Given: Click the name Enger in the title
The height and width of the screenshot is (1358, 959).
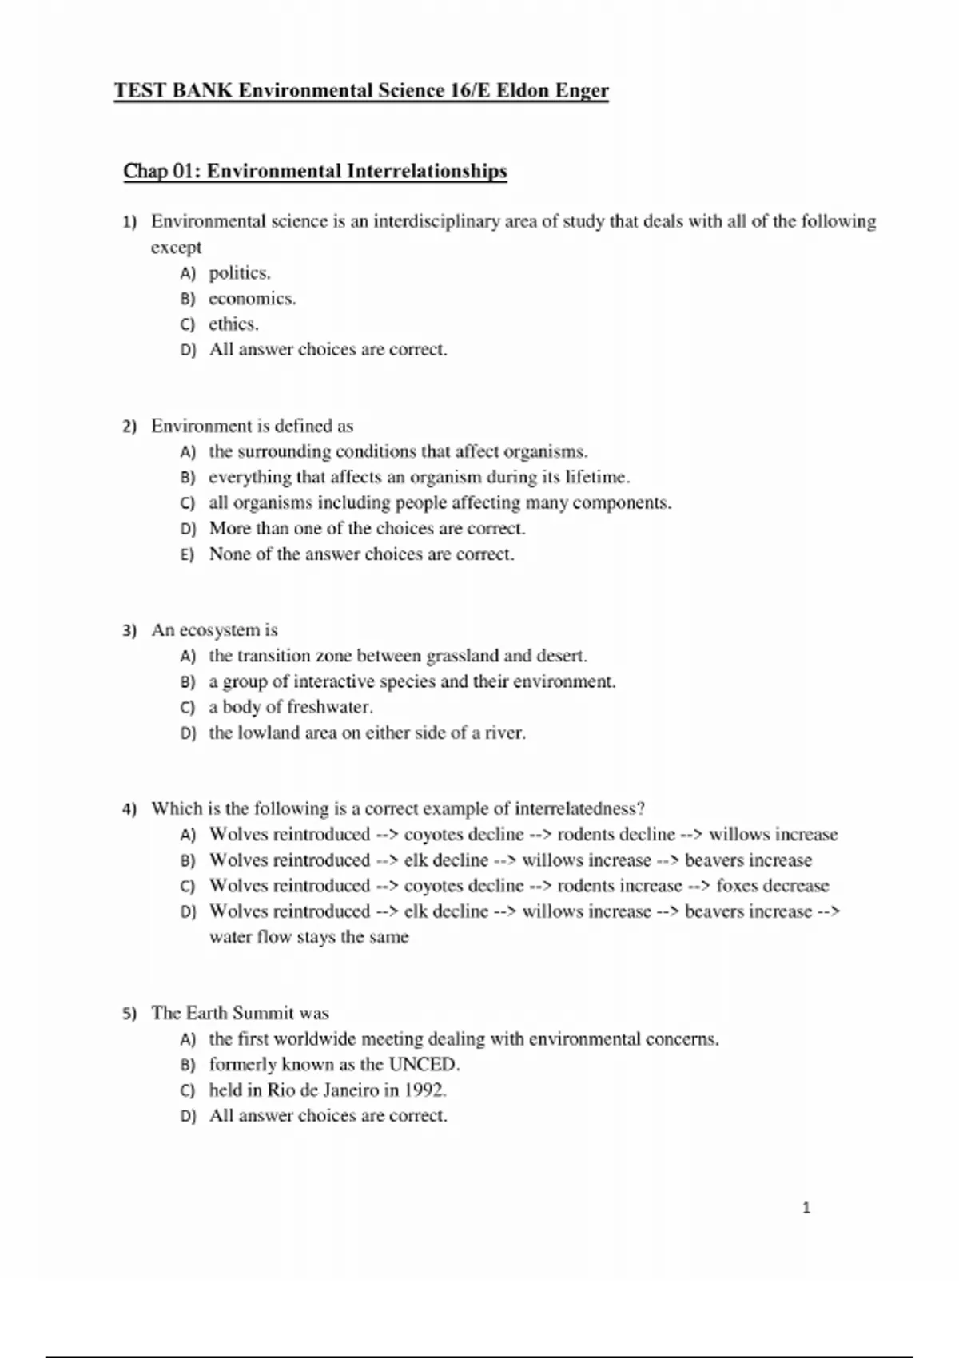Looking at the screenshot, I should (582, 90).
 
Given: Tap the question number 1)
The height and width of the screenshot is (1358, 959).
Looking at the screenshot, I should (129, 222).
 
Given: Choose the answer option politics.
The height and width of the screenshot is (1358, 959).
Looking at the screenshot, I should (239, 273).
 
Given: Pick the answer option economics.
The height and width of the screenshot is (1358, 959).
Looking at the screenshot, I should (252, 299).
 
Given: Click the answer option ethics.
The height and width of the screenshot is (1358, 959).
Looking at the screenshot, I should (233, 324).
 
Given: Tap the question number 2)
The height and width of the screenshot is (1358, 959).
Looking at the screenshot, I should (129, 427).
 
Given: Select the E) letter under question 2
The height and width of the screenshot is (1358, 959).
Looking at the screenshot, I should (188, 554).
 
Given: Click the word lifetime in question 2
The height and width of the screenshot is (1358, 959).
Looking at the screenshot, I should (596, 478).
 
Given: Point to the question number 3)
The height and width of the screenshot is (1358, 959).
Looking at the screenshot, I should (129, 631).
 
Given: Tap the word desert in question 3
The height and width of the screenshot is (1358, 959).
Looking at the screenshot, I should (561, 657).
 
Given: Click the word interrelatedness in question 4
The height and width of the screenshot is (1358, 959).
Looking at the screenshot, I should (579, 808).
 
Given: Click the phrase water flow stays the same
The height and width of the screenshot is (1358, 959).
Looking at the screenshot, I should (308, 937).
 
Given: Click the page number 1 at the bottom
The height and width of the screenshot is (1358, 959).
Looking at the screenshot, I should (806, 1208).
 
